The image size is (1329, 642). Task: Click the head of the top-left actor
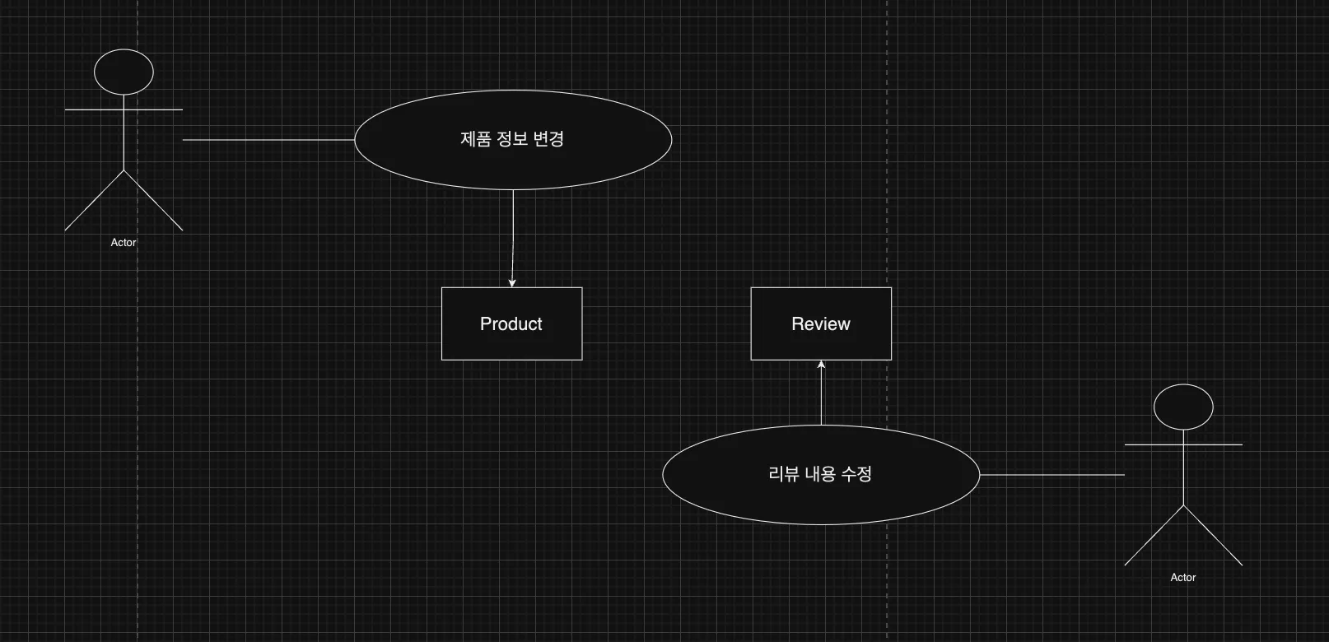pyautogui.click(x=124, y=72)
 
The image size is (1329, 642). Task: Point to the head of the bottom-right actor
pyautogui.click(x=1183, y=407)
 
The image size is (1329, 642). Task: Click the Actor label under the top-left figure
pyautogui.click(x=124, y=243)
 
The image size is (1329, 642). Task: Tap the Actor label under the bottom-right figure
pyautogui.click(x=1183, y=578)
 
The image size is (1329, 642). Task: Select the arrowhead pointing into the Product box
pyautogui.click(x=512, y=283)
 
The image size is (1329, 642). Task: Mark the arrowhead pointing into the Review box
pyautogui.click(x=821, y=365)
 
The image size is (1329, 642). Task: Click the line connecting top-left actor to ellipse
pyautogui.click(x=268, y=140)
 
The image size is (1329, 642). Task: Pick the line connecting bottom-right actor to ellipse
pyautogui.click(x=1052, y=475)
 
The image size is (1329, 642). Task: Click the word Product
pyautogui.click(x=511, y=324)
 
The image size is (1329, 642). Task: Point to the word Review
pyautogui.click(x=821, y=324)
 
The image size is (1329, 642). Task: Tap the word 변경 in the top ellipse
pyautogui.click(x=548, y=139)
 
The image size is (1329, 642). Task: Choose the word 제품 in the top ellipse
pyautogui.click(x=475, y=139)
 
